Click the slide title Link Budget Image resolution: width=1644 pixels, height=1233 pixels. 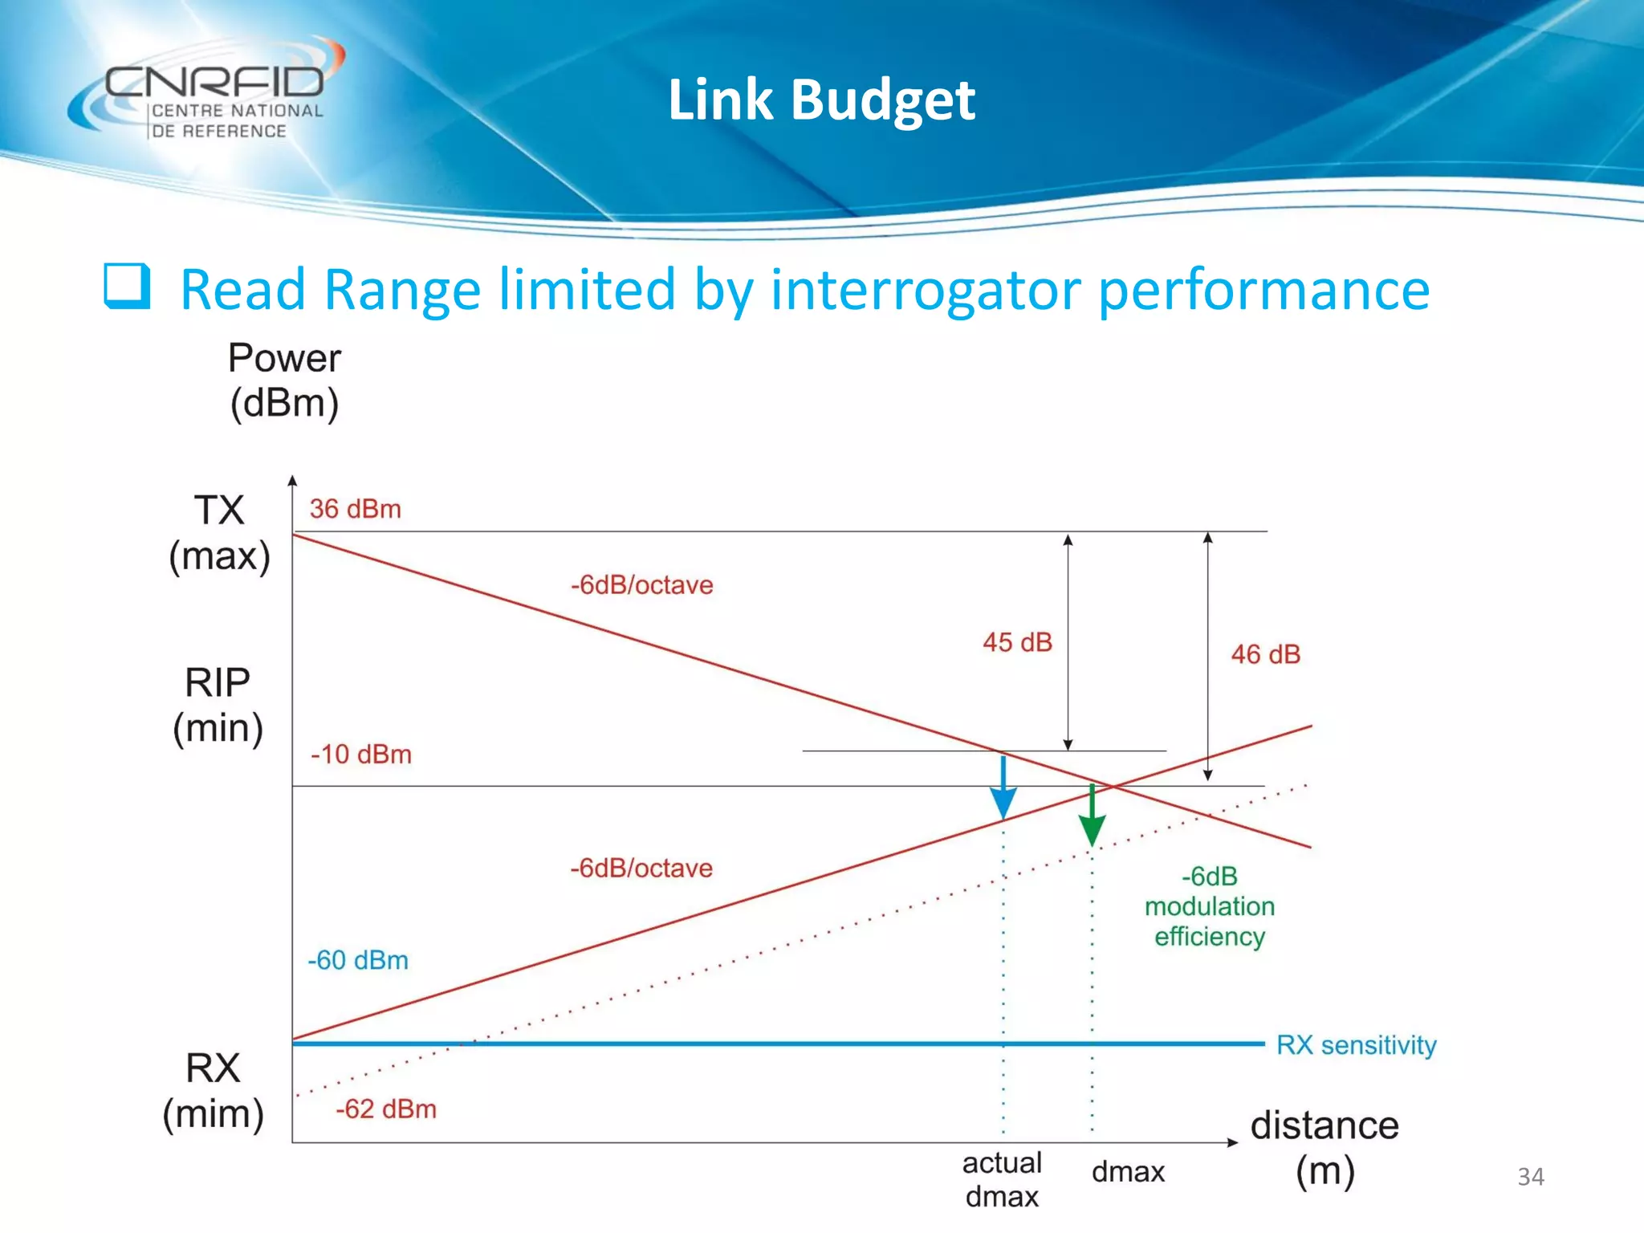point(820,100)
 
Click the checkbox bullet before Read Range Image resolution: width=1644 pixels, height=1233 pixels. point(127,287)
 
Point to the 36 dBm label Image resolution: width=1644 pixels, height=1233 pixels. point(355,509)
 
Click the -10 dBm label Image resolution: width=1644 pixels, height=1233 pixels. point(360,755)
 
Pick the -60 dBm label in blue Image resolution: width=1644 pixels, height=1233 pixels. point(358,960)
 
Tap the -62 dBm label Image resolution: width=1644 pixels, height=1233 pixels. point(386,1109)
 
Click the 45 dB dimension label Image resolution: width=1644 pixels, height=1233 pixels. point(1017,642)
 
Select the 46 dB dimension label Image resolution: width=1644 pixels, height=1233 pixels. point(1265,654)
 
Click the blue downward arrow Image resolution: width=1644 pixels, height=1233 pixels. point(1003,791)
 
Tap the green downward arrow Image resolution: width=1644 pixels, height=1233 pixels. point(1092,817)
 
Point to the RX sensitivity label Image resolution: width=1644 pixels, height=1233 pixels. point(1356,1045)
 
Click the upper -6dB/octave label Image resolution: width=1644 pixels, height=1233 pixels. point(641,585)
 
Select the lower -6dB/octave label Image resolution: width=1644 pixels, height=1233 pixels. point(641,869)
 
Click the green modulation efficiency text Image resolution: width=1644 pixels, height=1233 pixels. point(1209,907)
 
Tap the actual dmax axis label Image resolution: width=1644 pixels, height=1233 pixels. point(1002,1179)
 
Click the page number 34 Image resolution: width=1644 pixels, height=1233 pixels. point(1530,1177)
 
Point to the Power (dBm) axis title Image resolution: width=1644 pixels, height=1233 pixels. point(284,380)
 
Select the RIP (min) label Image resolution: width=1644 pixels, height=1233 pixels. point(218,706)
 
